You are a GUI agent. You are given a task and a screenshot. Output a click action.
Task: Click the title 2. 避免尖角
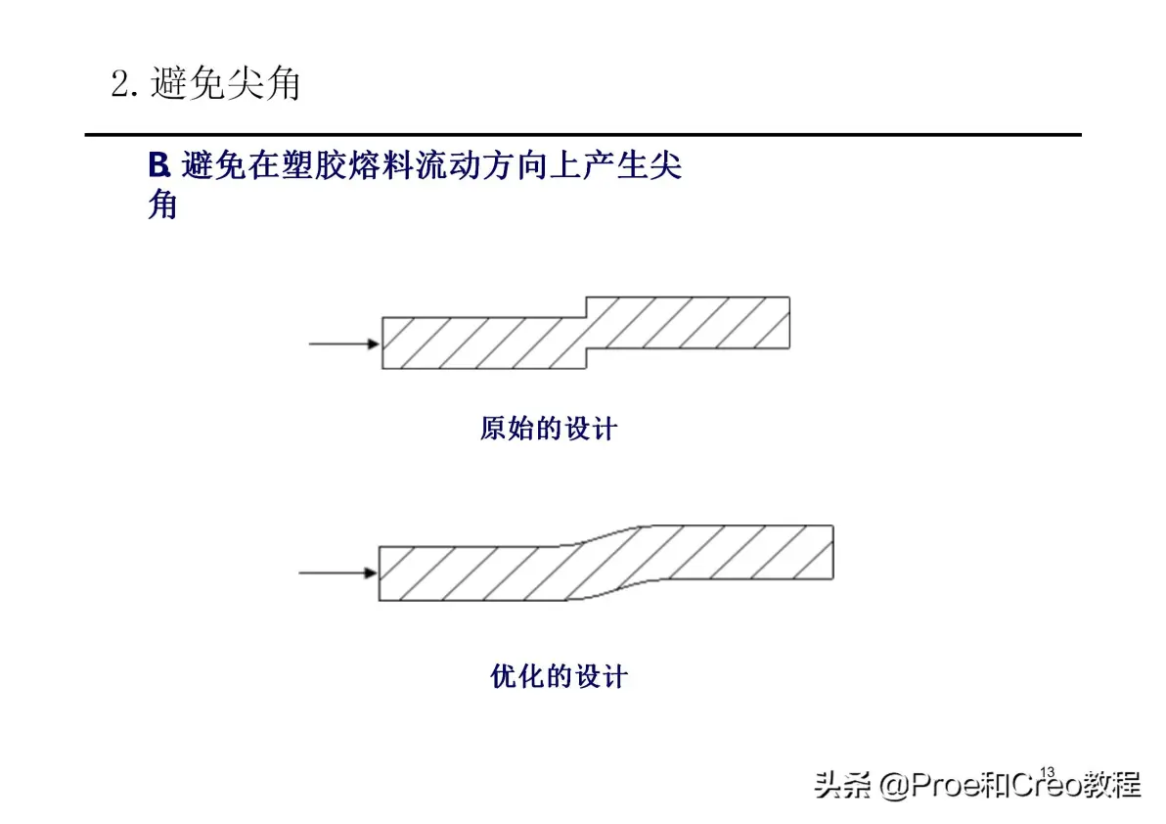coord(206,82)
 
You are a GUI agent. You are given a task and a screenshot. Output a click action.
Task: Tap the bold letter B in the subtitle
coord(158,165)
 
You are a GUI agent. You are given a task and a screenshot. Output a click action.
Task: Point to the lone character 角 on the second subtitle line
coord(162,204)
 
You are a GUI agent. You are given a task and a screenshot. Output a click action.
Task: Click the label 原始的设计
coord(549,429)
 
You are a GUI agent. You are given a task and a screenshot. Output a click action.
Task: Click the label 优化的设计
coord(560,677)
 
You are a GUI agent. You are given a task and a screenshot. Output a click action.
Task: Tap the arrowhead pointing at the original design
coord(374,343)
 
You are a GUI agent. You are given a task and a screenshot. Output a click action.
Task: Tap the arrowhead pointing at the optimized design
coord(371,572)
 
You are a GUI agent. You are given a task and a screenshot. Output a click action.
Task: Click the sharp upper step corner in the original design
coord(587,317)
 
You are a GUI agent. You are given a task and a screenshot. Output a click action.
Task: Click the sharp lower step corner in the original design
coord(587,348)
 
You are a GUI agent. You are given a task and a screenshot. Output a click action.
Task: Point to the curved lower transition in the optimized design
coord(606,590)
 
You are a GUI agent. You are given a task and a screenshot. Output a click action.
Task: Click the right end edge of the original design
coord(789,323)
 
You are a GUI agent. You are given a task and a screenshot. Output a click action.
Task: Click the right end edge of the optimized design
coord(832,553)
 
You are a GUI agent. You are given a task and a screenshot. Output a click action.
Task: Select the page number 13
coord(1047,772)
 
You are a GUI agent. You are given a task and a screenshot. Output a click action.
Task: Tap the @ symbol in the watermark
coord(894,785)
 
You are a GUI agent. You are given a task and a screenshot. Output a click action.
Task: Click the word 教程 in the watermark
coord(1112,785)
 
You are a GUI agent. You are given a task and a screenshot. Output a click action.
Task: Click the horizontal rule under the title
coord(583,135)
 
